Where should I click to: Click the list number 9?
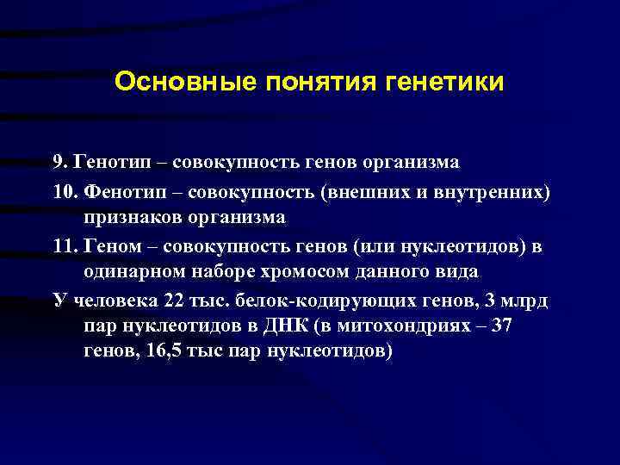pos(83,162)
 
